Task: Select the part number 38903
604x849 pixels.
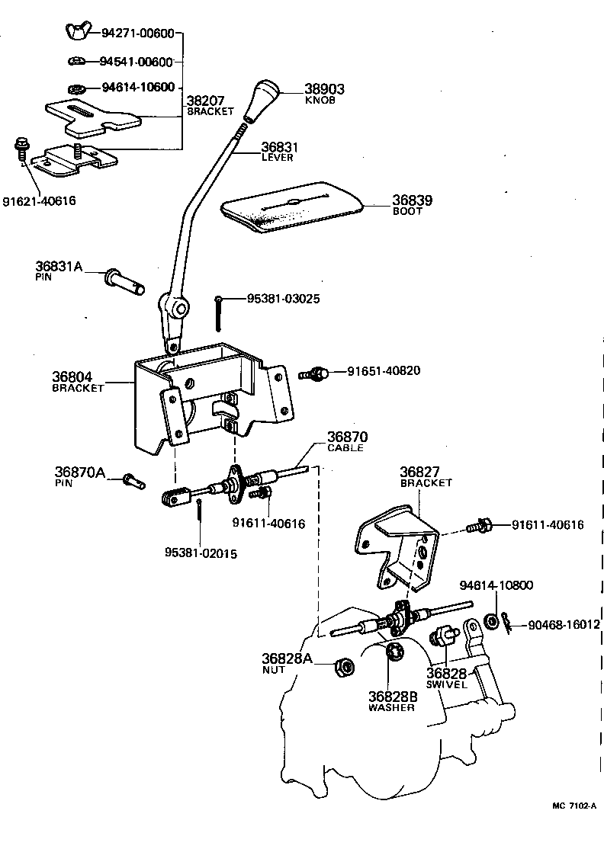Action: point(324,89)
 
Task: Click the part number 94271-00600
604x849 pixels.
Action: point(138,34)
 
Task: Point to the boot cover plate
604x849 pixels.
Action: point(292,204)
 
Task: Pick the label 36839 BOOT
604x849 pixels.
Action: point(412,204)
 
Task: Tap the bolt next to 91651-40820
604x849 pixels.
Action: point(314,373)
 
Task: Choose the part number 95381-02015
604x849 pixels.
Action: point(200,553)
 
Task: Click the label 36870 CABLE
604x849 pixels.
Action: point(347,441)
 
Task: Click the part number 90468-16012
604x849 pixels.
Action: point(561,624)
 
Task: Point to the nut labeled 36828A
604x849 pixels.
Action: point(344,667)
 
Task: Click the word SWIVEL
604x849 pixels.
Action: point(445,685)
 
